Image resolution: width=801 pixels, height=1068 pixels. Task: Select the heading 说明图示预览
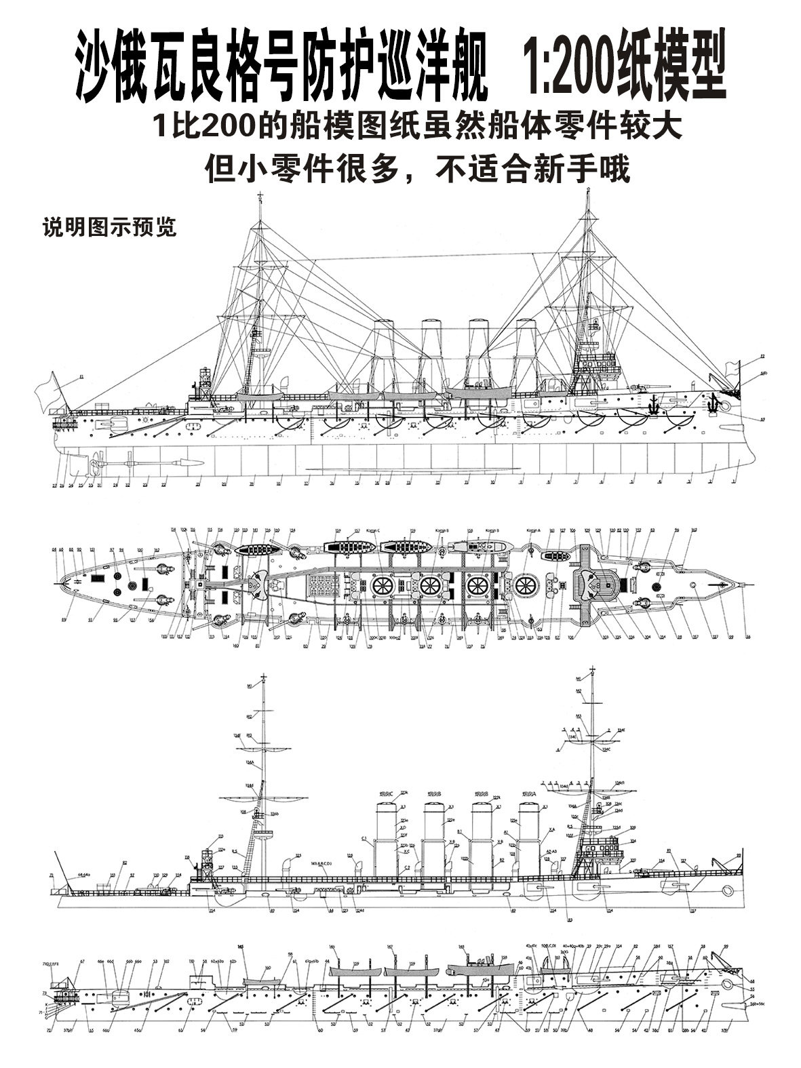pyautogui.click(x=109, y=228)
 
